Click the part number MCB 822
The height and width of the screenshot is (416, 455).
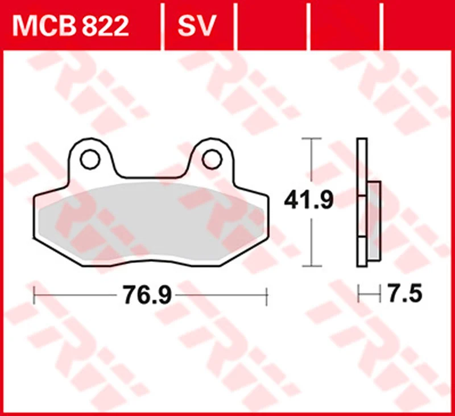pos(70,26)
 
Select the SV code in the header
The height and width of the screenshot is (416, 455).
pos(197,26)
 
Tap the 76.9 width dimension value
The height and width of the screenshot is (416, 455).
pos(147,295)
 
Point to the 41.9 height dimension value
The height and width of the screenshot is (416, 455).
pos(309,200)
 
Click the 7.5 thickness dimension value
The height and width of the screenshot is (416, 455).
pos(405,294)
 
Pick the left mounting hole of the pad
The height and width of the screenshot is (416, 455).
pos(90,159)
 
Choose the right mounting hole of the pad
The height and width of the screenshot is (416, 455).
pos(212,159)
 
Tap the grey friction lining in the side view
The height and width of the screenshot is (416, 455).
pos(374,221)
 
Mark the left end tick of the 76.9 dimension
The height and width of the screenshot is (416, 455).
pos(34,295)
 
